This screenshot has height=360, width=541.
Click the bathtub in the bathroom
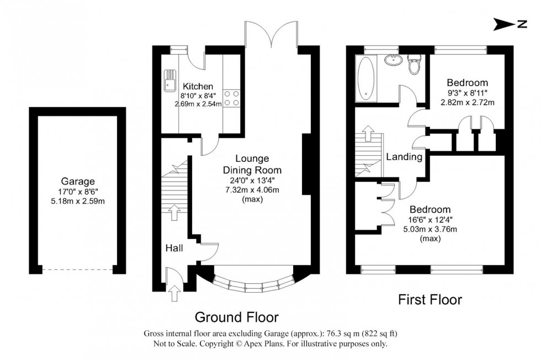(365, 79)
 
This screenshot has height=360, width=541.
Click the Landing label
(404, 157)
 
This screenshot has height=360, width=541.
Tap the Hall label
(175, 248)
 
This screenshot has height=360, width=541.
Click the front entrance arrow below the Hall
(175, 293)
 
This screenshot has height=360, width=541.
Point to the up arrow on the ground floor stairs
(174, 212)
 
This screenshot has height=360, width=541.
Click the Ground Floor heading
(237, 317)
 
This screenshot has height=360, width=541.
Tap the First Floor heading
(430, 300)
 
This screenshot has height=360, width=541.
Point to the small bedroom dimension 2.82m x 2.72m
(468, 102)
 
